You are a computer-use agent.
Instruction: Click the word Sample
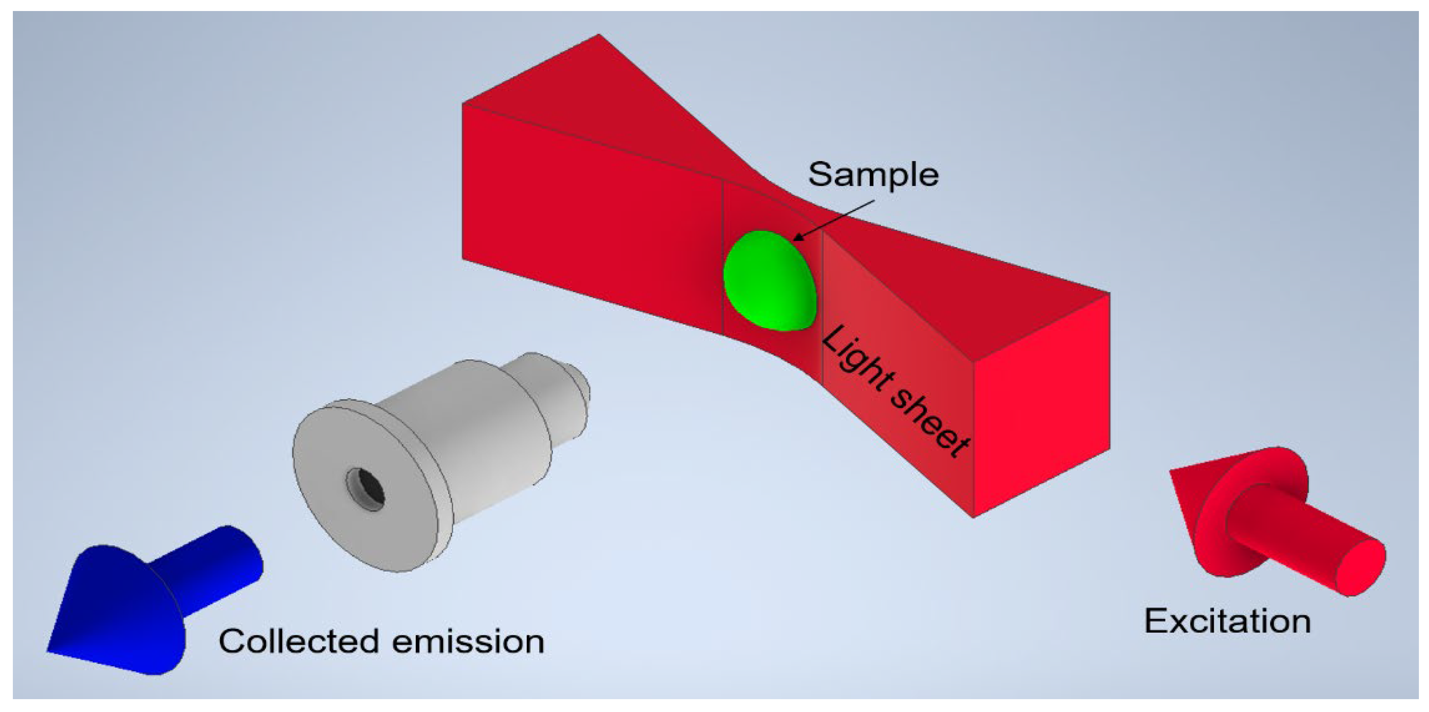[x=873, y=174]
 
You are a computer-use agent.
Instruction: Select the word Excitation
[x=1227, y=621]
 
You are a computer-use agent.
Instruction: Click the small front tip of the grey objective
[x=577, y=383]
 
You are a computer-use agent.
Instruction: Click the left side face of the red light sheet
[x=588, y=222]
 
